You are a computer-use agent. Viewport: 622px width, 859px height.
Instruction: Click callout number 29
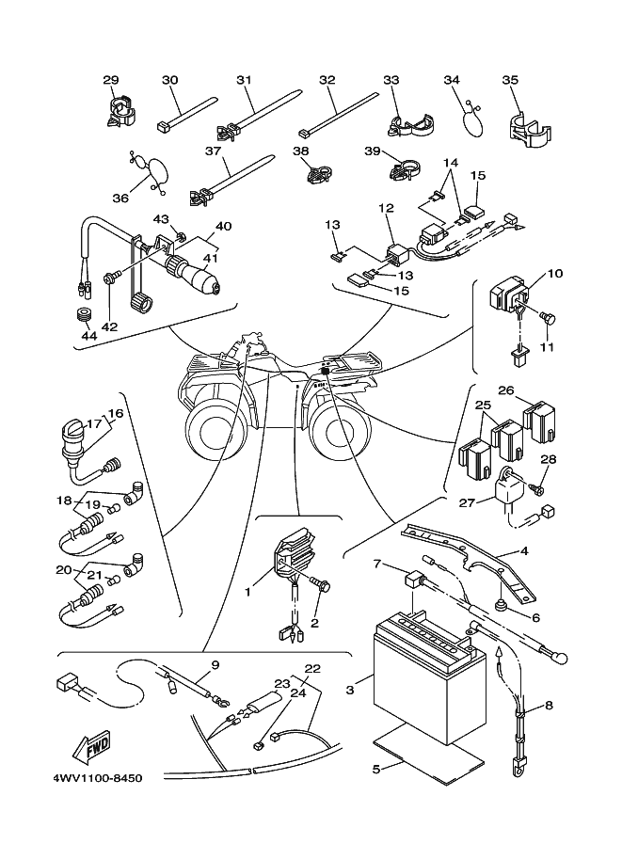click(x=111, y=81)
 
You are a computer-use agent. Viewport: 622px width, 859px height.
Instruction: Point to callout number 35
click(x=511, y=81)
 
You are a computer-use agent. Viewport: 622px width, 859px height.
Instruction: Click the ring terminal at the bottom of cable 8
click(x=518, y=776)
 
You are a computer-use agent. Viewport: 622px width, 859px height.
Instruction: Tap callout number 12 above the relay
click(x=386, y=207)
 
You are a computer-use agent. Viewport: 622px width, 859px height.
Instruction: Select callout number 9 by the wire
click(x=215, y=665)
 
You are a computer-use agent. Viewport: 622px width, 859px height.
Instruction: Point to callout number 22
click(x=312, y=669)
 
